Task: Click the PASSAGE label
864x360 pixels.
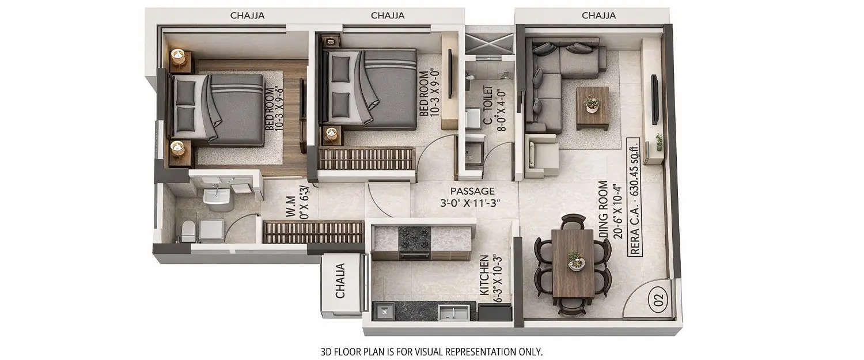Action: click(472, 191)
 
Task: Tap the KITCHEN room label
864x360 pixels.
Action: click(484, 278)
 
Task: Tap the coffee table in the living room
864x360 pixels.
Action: click(592, 108)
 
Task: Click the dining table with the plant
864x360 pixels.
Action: click(573, 263)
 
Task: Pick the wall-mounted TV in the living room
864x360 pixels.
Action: click(655, 100)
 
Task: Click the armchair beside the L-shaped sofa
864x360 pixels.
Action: click(541, 154)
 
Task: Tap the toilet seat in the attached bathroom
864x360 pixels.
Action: click(188, 231)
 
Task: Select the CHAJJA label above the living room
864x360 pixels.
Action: click(598, 16)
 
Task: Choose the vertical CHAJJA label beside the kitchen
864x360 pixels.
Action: click(340, 281)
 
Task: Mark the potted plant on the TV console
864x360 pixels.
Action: click(658, 141)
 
